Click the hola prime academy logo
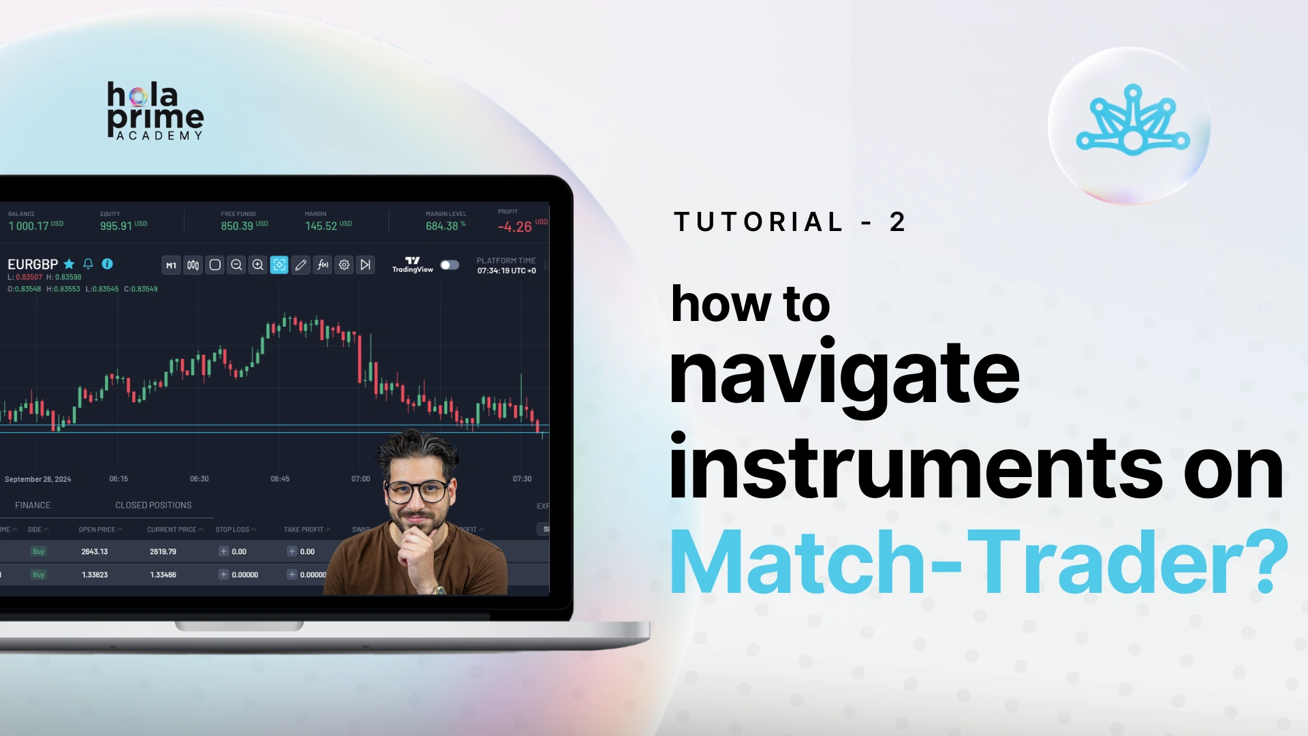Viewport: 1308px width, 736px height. pos(155,111)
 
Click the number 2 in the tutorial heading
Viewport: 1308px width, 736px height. pos(897,222)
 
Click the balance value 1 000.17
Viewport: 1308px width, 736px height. pos(29,226)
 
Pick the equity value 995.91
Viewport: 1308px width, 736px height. pos(116,226)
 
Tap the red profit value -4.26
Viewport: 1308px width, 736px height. pos(514,227)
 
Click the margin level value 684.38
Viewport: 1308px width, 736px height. pos(441,226)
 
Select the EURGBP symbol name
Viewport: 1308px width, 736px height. pos(33,264)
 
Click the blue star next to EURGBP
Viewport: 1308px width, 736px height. pos(69,264)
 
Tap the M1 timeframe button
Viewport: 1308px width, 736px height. pos(171,265)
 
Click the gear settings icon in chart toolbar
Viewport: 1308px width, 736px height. pos(344,265)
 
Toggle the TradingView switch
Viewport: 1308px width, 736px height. pos(450,265)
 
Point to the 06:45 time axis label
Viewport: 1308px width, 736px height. pos(280,479)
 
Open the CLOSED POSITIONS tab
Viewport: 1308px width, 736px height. pos(153,505)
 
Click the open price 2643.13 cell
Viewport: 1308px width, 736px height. pos(95,551)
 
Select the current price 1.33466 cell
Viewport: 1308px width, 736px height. pos(163,574)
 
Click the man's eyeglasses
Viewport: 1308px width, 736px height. pos(417,490)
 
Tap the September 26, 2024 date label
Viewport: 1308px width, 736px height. pos(38,479)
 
